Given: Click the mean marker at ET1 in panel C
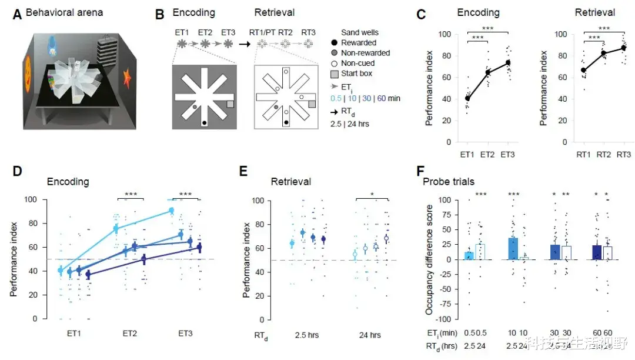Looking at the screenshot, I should (x=467, y=98).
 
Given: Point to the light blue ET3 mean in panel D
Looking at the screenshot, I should (x=171, y=210).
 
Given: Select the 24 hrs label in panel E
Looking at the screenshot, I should (x=370, y=335).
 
